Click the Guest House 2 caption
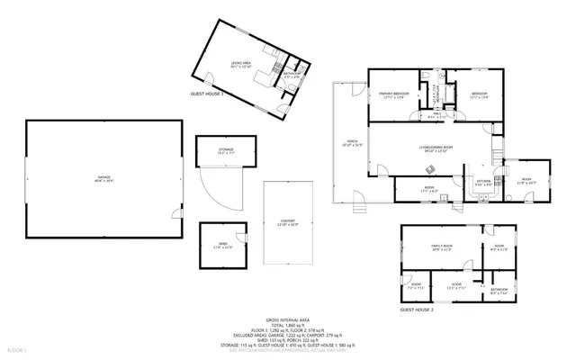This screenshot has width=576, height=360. click(417, 309)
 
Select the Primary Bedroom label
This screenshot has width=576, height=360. click(394, 94)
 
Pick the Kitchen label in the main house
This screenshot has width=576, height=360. click(482, 181)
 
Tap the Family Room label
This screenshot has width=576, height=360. click(439, 247)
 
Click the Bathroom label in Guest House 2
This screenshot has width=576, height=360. click(499, 290)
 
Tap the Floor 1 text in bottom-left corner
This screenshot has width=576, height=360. click(17, 349)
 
